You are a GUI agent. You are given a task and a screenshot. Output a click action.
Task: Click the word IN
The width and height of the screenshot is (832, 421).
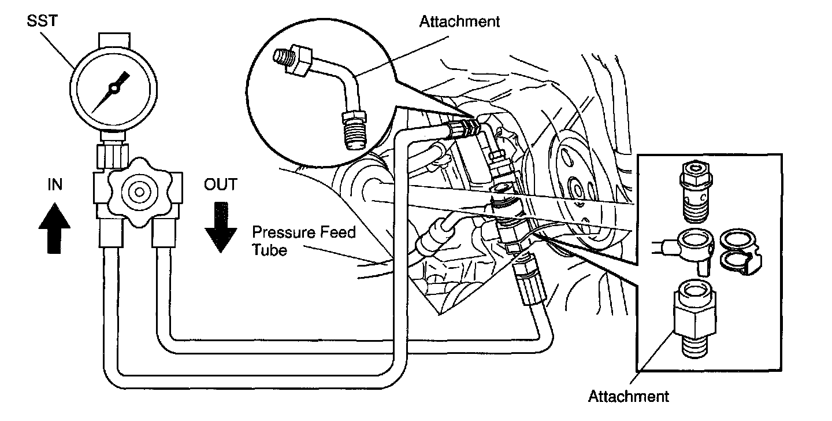point(55,184)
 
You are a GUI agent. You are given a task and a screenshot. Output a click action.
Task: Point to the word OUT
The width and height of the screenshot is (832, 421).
point(220,184)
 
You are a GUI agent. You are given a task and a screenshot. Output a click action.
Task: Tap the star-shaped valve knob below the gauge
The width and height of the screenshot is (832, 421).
point(137,193)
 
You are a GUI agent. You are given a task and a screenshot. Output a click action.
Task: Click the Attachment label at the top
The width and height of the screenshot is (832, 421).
point(459,22)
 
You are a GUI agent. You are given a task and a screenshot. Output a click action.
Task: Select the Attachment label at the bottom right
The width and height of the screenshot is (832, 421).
point(628,397)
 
